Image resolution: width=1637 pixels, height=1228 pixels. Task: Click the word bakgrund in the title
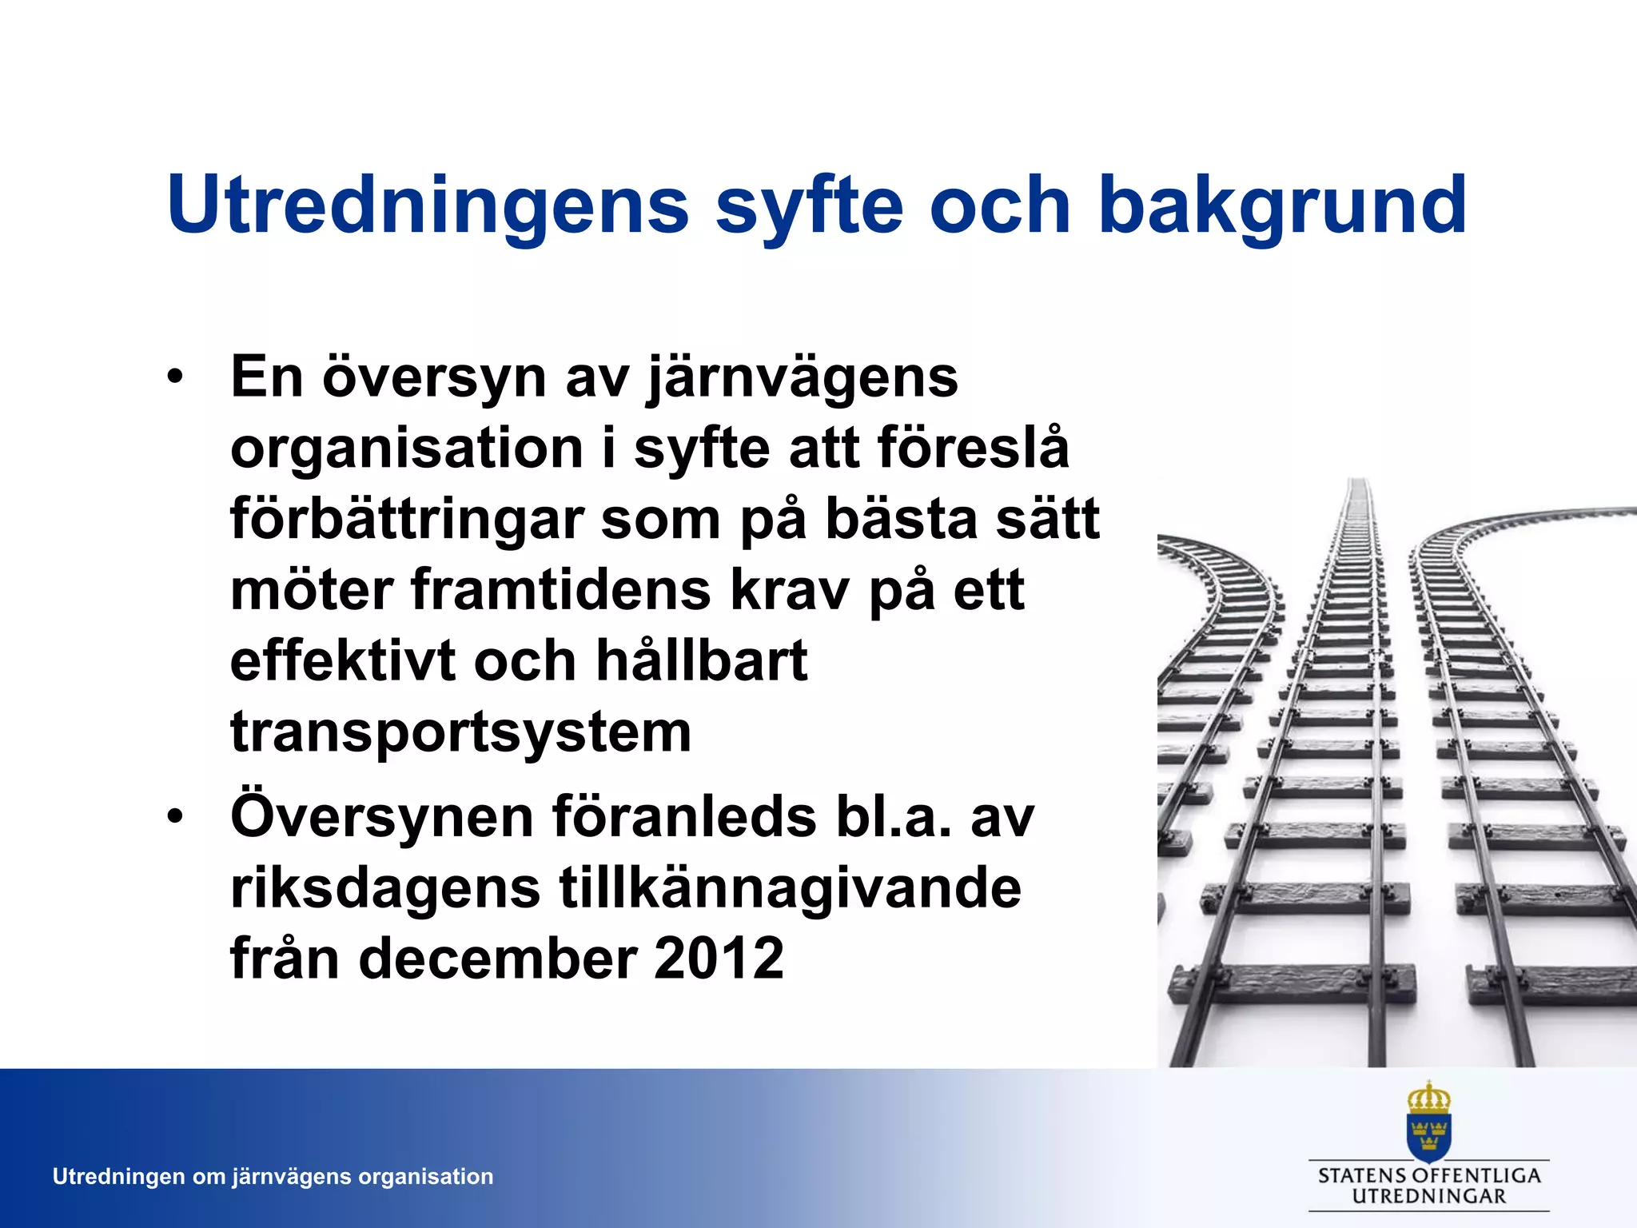click(x=1283, y=206)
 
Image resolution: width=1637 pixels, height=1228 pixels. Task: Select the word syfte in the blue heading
click(x=809, y=206)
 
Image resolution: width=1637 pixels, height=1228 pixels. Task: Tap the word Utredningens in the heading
click(x=428, y=206)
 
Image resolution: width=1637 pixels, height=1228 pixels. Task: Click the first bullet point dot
click(x=175, y=377)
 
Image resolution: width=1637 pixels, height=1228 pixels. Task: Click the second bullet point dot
click(x=175, y=817)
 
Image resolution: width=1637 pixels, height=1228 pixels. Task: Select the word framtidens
click(x=560, y=591)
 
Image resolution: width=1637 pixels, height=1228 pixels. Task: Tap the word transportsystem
click(x=460, y=732)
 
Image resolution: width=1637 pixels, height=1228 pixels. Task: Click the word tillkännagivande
click(x=790, y=888)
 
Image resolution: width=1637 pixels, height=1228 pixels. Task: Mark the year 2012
click(x=719, y=959)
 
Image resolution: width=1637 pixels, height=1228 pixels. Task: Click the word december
click(x=496, y=959)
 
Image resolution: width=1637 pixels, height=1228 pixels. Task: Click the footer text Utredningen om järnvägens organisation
click(x=273, y=1177)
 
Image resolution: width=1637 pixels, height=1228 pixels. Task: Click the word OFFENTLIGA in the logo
click(x=1476, y=1176)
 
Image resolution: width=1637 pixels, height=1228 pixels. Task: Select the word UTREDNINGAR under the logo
click(x=1428, y=1197)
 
